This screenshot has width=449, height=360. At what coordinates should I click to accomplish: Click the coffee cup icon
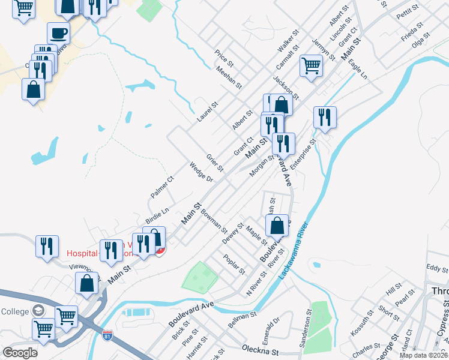58,33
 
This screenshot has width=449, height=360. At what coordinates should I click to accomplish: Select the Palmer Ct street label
162,187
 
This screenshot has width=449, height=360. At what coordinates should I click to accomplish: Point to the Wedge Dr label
201,173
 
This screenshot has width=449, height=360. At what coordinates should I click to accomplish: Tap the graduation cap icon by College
39,310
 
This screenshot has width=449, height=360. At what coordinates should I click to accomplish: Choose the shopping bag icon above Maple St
277,226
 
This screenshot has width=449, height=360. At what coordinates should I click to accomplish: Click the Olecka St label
261,349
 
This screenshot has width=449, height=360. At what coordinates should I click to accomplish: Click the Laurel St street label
207,112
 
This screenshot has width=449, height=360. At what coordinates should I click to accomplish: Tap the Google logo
20,353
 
